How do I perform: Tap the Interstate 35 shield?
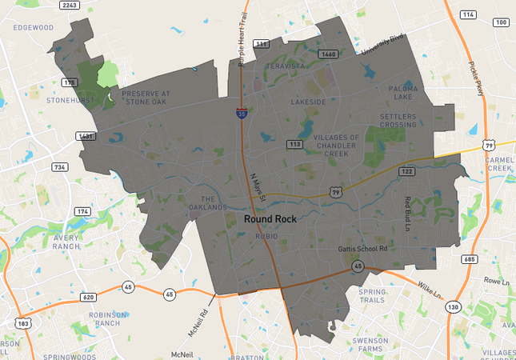pos(242,114)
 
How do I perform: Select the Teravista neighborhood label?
pos(286,66)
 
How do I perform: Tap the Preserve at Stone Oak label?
pos(146,98)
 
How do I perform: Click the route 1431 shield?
pos(86,137)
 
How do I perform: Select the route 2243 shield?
pos(70,6)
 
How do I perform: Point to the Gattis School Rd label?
pos(362,250)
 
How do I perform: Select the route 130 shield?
pos(453,307)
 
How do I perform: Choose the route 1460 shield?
pos(328,54)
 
